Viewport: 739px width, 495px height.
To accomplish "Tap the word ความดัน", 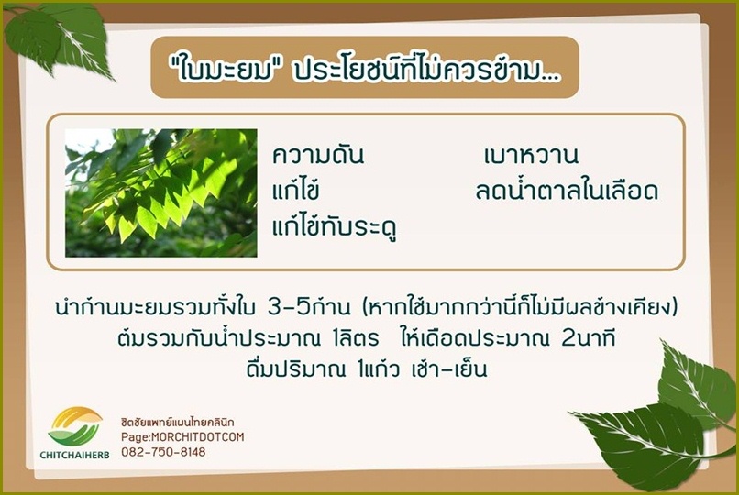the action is pyautogui.click(x=318, y=156).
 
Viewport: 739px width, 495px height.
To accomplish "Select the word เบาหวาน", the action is pyautogui.click(x=531, y=156).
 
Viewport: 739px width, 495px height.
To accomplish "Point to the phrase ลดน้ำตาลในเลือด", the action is pyautogui.click(x=567, y=190).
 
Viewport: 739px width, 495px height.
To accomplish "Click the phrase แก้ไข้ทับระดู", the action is pyautogui.click(x=334, y=225).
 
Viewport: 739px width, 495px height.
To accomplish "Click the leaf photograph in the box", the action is pyautogui.click(x=161, y=193).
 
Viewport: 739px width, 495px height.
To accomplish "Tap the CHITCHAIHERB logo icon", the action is pyautogui.click(x=75, y=426).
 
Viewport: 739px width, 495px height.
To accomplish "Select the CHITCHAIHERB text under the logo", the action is pyautogui.click(x=74, y=455).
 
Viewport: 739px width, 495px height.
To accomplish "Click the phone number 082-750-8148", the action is pyautogui.click(x=163, y=452).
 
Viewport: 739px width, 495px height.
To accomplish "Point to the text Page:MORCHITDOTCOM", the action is pyautogui.click(x=182, y=436).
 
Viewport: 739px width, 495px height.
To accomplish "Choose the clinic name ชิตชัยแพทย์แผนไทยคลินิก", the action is pyautogui.click(x=178, y=422).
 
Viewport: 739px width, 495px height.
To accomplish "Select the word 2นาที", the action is pyautogui.click(x=589, y=338).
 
